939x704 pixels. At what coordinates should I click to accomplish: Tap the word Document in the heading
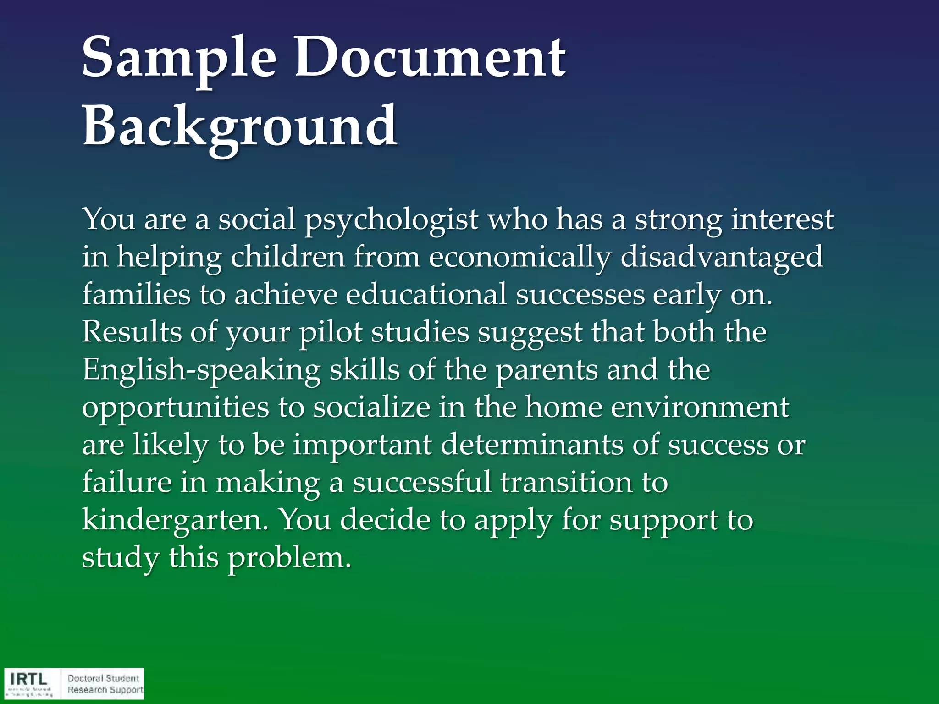coord(430,59)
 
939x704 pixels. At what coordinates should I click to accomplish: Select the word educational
coord(426,294)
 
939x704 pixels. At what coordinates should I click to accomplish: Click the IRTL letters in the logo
coord(28,678)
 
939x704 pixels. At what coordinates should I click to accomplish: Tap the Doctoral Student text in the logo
coord(103,678)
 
